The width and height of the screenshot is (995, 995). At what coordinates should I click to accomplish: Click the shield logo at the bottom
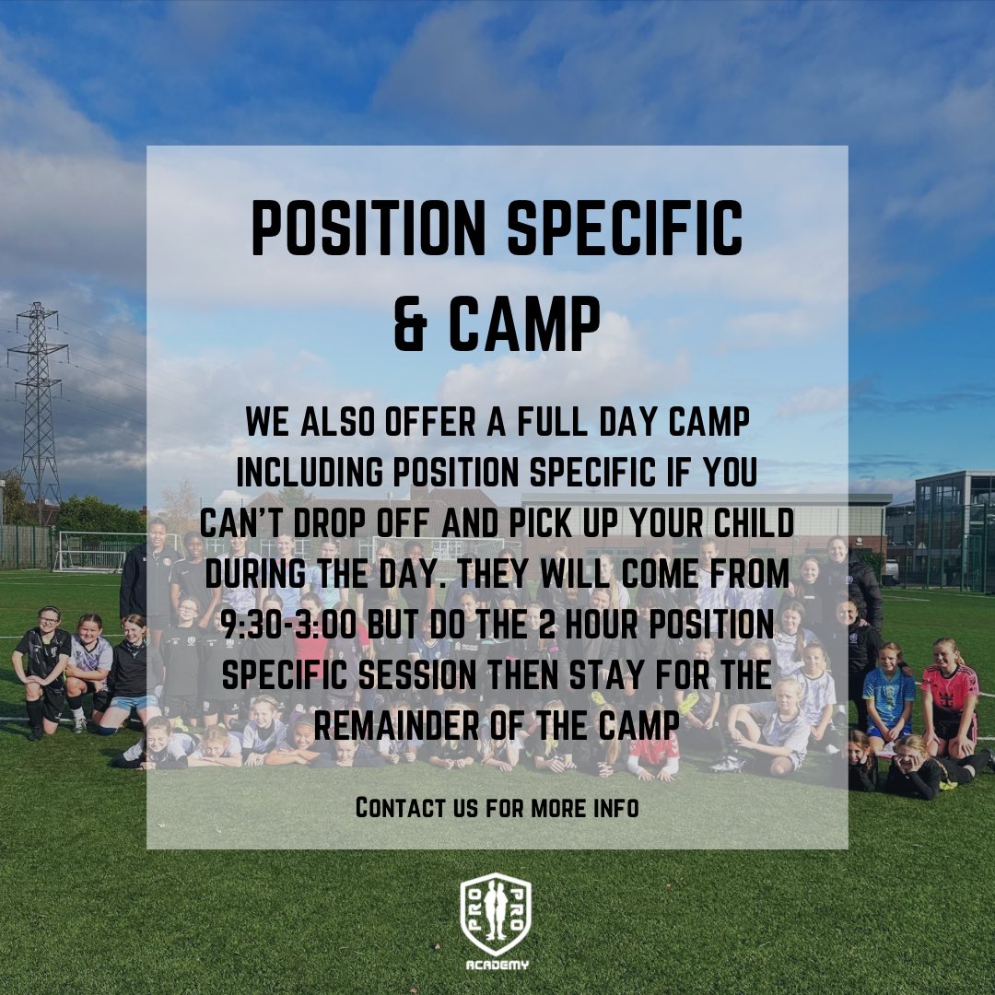point(497,914)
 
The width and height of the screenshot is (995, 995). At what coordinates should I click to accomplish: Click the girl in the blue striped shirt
point(889,691)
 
